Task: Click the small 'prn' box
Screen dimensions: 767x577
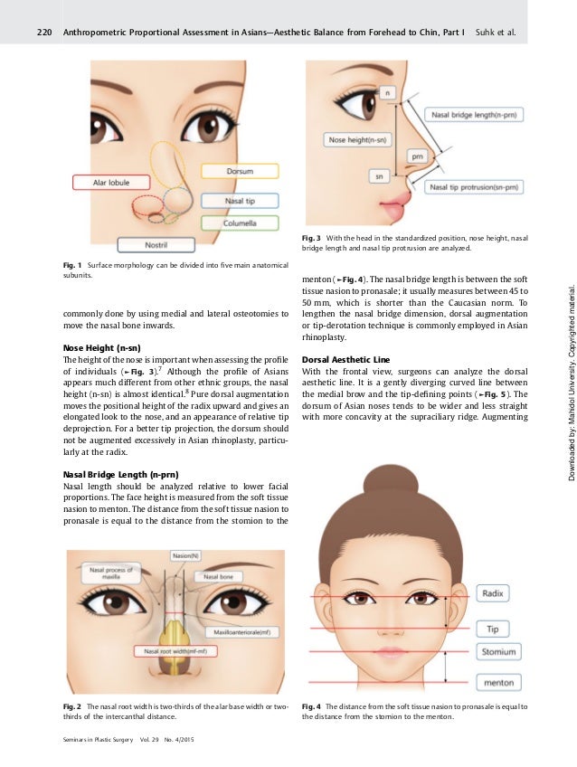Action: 418,156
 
